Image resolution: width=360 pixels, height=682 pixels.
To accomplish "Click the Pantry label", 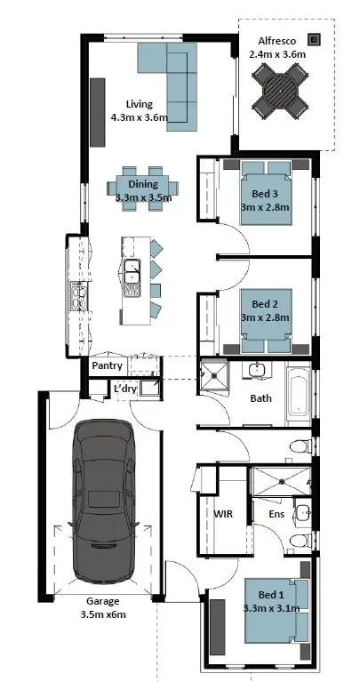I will (107, 365).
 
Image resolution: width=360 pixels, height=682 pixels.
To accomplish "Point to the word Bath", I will (260, 397).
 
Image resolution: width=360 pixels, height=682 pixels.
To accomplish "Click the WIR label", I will (222, 513).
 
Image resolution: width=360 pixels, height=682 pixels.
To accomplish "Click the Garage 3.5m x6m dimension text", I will (103, 607).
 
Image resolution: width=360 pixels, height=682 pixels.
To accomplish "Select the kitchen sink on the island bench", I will (132, 275).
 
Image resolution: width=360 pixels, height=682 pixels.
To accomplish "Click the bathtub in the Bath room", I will (299, 397).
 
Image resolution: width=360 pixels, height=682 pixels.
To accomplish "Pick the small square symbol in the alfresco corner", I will (314, 38).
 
